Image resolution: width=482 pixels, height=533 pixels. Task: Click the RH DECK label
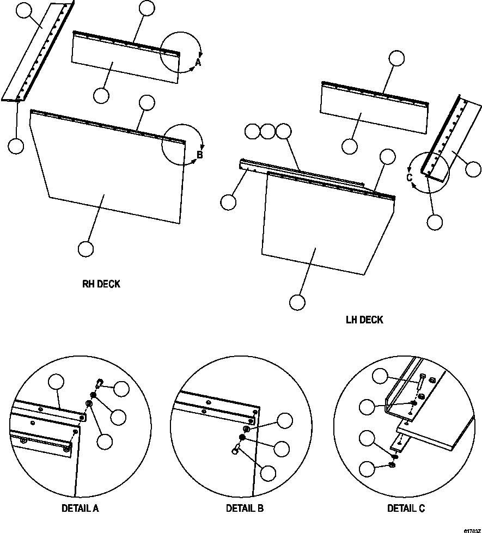(x=101, y=284)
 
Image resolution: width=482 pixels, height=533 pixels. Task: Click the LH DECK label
(x=364, y=320)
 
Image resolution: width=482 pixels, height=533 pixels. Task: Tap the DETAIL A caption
(x=80, y=509)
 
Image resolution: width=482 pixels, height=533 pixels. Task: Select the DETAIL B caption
(x=245, y=509)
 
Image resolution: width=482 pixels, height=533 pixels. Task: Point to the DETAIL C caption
(x=406, y=509)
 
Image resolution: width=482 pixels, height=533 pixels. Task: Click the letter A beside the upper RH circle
(x=198, y=63)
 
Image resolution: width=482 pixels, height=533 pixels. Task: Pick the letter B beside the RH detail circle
(x=199, y=155)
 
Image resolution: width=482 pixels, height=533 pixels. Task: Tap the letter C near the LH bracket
(x=409, y=176)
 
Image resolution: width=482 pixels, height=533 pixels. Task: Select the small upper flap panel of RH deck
(x=125, y=63)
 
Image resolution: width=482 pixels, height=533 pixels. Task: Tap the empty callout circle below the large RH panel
(x=86, y=249)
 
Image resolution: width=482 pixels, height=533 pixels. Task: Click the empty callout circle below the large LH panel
(x=297, y=302)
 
